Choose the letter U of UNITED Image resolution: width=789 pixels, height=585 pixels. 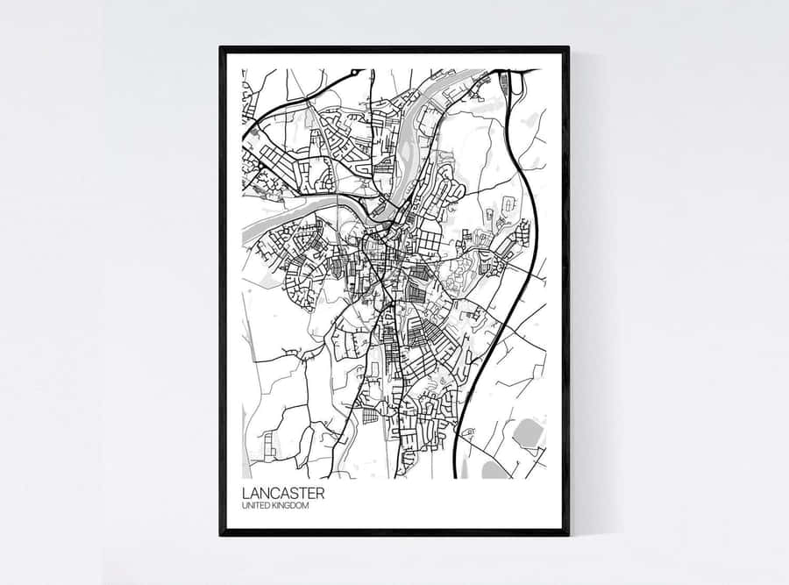pos(244,506)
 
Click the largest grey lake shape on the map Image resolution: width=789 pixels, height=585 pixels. pos(528,432)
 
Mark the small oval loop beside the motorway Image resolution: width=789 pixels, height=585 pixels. pos(508,204)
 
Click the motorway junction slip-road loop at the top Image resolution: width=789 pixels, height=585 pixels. pos(507,83)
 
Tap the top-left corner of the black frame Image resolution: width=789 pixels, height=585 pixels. pos(221,48)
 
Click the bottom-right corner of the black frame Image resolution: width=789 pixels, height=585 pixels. pos(567,533)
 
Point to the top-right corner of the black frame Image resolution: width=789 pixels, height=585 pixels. pos(567,48)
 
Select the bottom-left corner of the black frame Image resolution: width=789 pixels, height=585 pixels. pos(221,533)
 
